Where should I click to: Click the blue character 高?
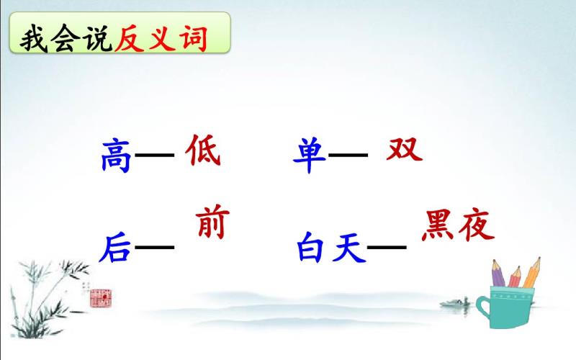(116, 155)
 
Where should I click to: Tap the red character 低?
(203, 150)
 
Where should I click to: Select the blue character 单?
(309, 155)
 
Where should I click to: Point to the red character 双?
(405, 149)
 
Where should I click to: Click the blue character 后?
(114, 248)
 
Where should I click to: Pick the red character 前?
(212, 222)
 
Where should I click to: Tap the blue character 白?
(310, 247)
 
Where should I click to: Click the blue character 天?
(348, 247)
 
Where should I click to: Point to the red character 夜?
(477, 225)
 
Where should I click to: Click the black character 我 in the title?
(34, 38)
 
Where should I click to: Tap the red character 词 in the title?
(193, 38)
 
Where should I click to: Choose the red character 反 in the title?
(129, 38)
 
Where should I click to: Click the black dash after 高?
(155, 155)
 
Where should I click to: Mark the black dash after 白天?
(387, 247)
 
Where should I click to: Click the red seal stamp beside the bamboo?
(101, 298)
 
